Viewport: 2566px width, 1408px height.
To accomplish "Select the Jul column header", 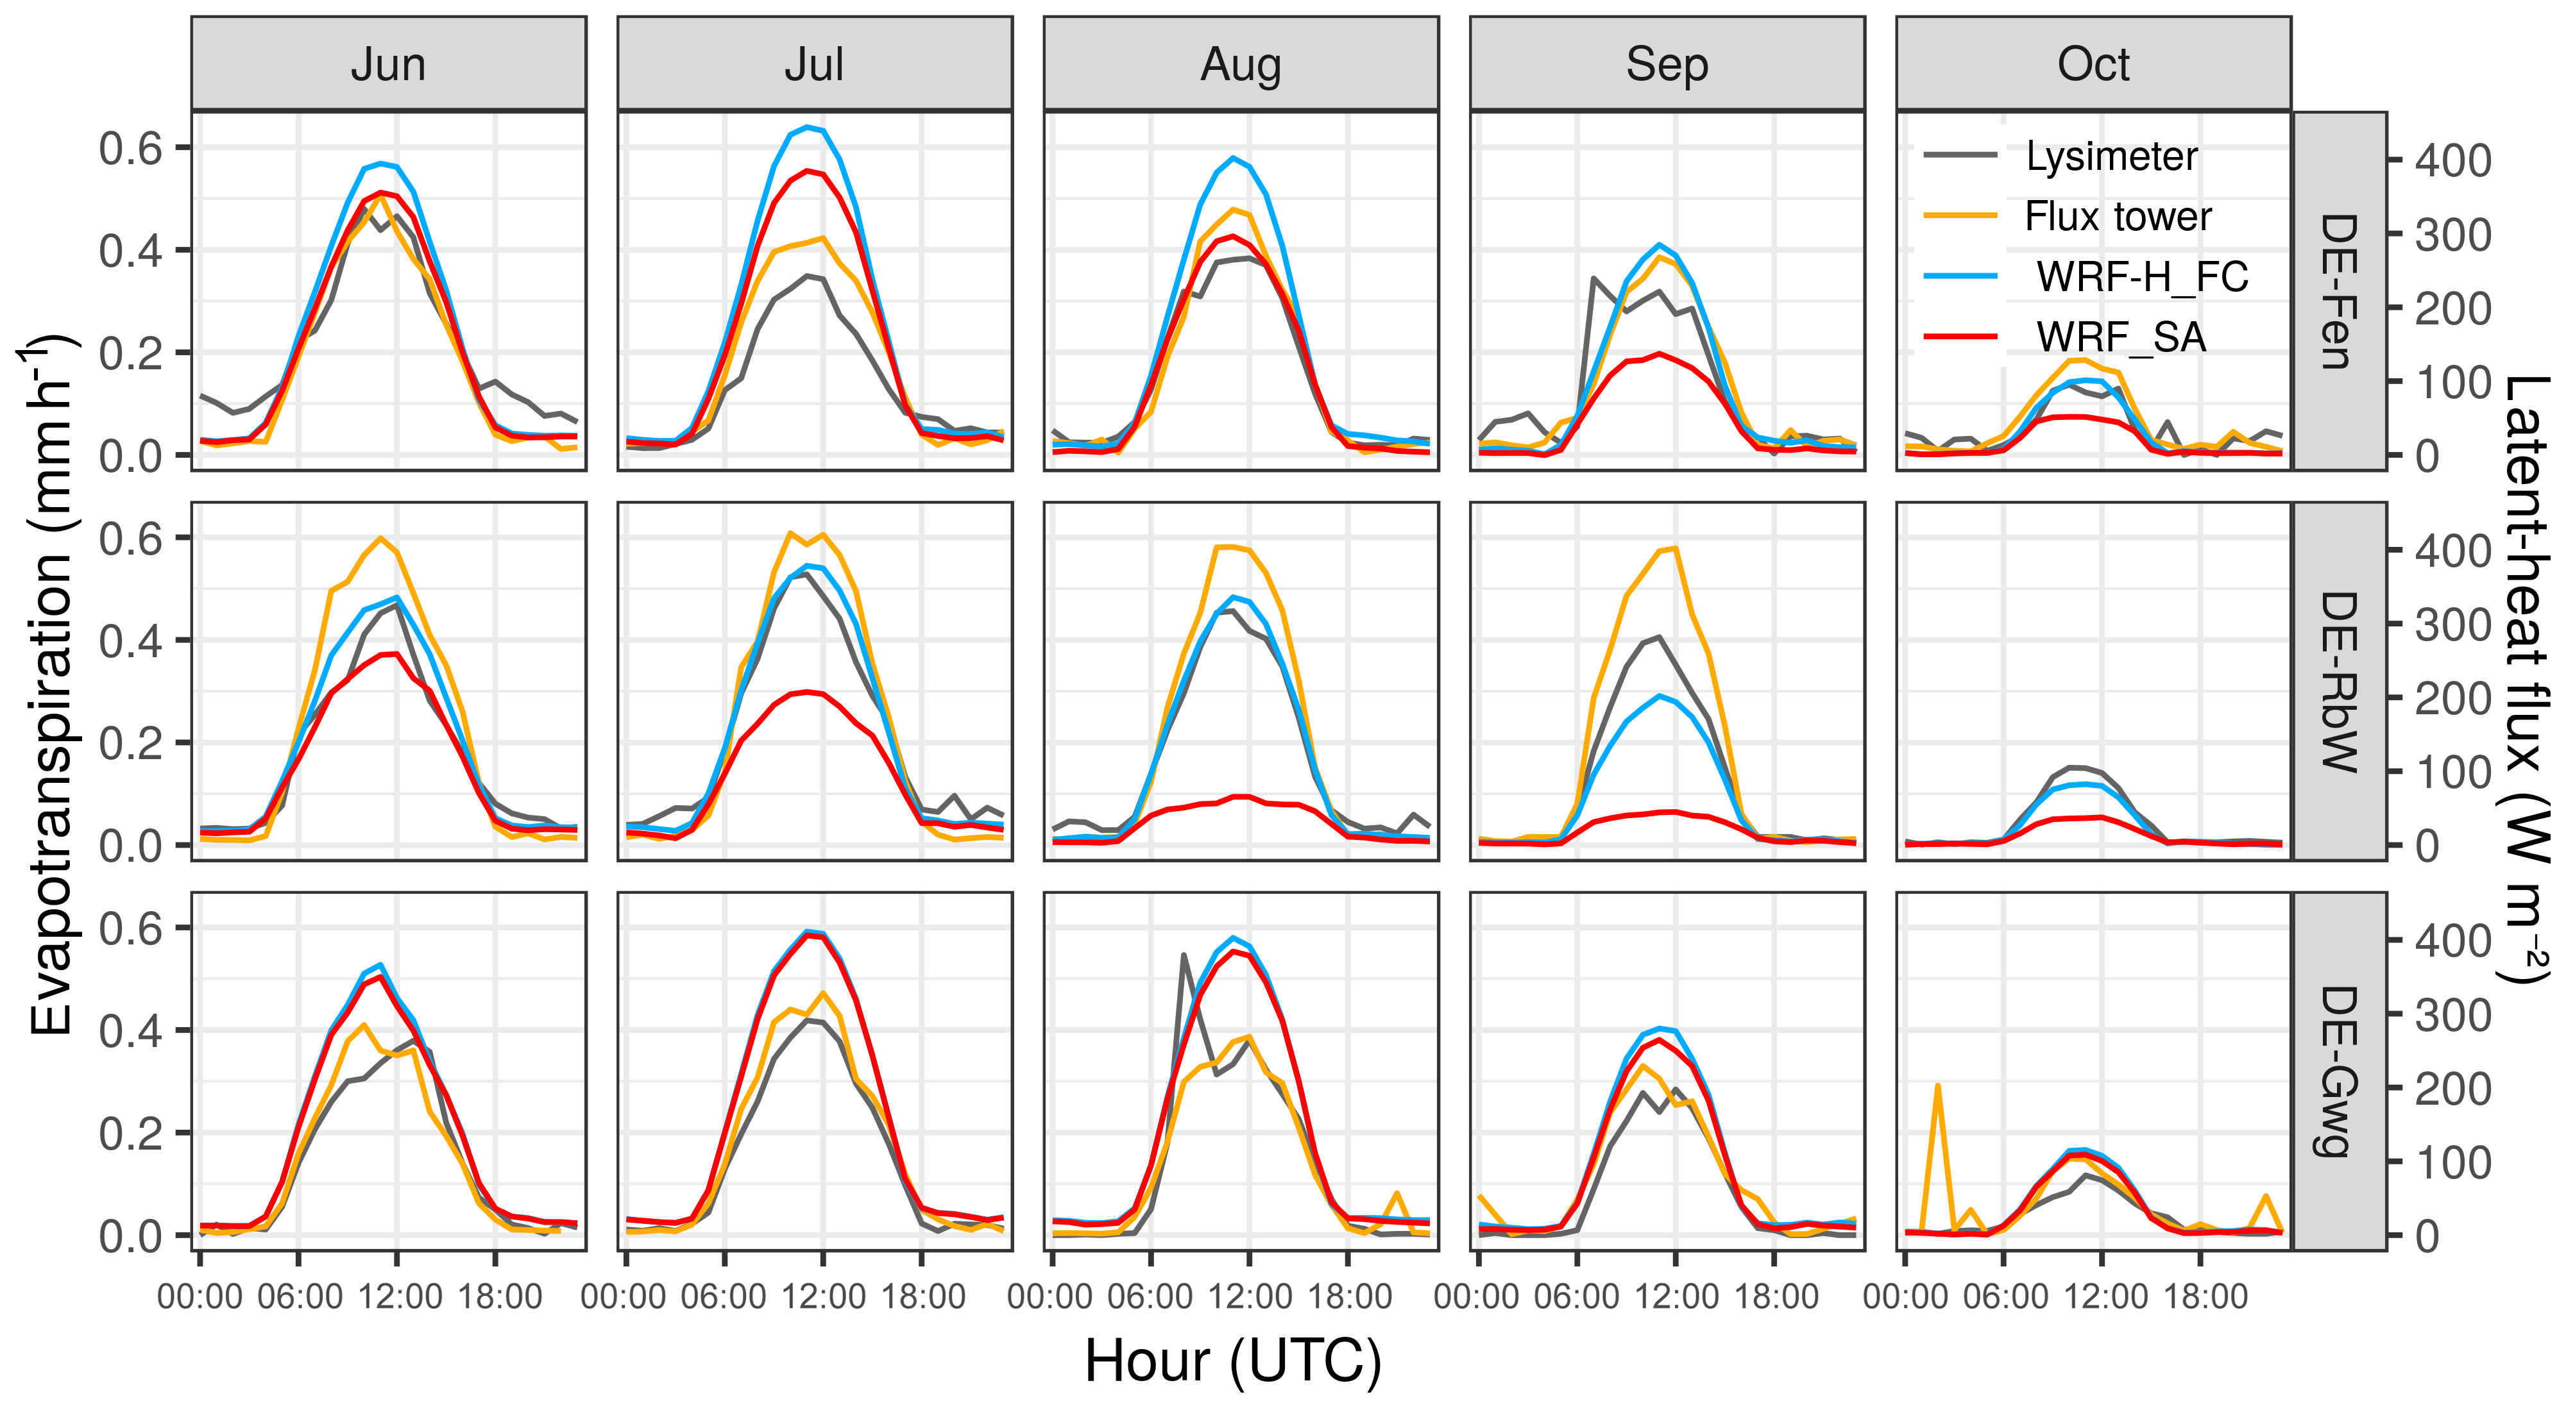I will pyautogui.click(x=814, y=65).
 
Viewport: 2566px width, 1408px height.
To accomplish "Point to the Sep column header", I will pyautogui.click(x=1667, y=65).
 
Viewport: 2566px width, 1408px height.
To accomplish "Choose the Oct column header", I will pyautogui.click(x=2093, y=65).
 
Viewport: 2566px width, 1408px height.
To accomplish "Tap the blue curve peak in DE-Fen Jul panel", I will pyautogui.click(x=808, y=128).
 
